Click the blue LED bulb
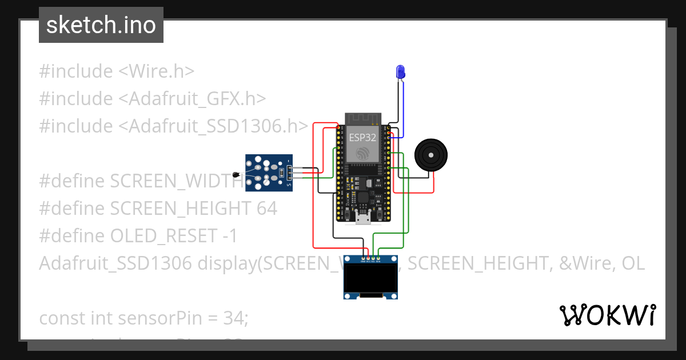[x=401, y=71]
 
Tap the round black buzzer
[x=430, y=154]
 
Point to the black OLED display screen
[x=370, y=279]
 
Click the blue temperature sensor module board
[x=269, y=172]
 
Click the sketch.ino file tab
[x=101, y=25]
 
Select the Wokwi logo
[x=607, y=315]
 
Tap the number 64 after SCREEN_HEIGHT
[x=266, y=209]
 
